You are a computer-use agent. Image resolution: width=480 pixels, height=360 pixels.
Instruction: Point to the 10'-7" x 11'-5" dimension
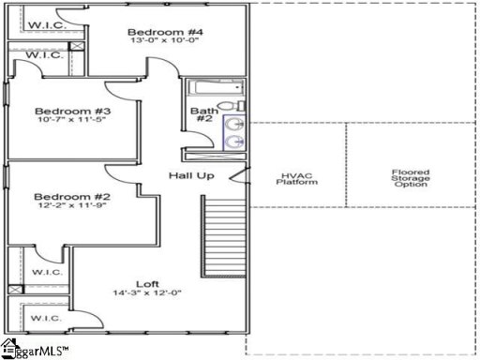point(60,119)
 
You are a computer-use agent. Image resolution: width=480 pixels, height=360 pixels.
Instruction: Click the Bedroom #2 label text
point(60,197)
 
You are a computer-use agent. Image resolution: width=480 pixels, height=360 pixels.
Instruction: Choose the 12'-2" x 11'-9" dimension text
point(60,208)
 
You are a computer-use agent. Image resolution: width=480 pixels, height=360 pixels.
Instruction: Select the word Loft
point(147,282)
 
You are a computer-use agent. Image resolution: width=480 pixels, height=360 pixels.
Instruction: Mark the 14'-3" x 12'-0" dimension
point(147,293)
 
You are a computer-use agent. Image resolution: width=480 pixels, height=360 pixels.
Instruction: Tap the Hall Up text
point(192,175)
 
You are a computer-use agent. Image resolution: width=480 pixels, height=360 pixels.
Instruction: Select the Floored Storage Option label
point(410,177)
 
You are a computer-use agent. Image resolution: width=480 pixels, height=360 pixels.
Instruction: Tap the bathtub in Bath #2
point(212,90)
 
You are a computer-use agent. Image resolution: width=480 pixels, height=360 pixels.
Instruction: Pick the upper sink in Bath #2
point(234,123)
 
